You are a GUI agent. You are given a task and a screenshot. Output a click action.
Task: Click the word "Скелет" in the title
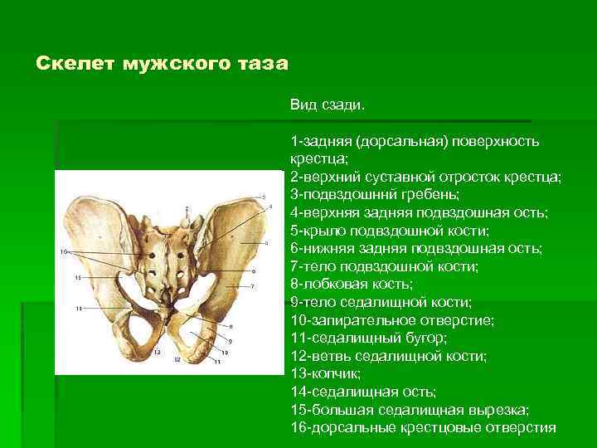69,64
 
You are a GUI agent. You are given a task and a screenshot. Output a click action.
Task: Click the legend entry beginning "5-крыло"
390,230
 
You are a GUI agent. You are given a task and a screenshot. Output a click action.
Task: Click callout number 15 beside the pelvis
77,277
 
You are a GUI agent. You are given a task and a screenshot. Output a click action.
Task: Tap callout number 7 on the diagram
254,287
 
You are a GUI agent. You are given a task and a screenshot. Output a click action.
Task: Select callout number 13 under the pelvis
156,353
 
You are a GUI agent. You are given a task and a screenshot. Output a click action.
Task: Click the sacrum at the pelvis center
174,249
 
